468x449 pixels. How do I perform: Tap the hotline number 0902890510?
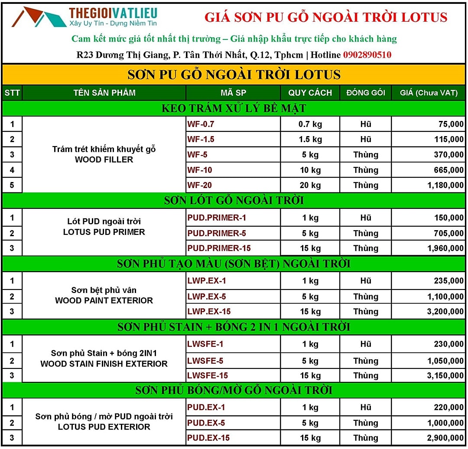point(367,55)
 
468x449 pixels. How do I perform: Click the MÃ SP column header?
point(233,93)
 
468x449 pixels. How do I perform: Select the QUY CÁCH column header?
point(310,93)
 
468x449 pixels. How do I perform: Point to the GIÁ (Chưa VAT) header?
point(428,93)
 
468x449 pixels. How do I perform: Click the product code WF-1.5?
point(201,140)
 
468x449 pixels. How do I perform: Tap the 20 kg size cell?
point(310,185)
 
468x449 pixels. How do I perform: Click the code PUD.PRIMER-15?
point(219,248)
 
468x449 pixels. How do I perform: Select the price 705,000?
point(448,233)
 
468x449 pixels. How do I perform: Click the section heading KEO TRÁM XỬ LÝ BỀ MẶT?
point(234,108)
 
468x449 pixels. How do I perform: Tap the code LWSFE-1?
point(205,344)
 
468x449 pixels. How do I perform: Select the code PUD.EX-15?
point(208,438)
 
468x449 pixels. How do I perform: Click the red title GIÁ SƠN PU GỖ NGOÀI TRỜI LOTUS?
point(325,17)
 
